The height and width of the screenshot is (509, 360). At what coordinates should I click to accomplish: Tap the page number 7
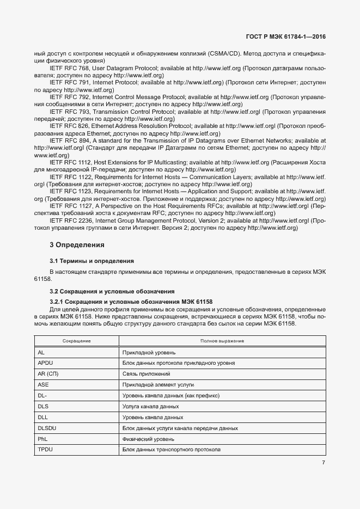click(324, 463)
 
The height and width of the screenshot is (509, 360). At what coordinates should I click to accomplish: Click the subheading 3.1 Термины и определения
click(91, 261)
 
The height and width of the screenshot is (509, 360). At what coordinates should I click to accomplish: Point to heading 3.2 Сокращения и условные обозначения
click(112, 291)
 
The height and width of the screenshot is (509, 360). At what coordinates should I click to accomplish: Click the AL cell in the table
click(41, 352)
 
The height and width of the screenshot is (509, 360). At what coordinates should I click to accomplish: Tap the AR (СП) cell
click(48, 374)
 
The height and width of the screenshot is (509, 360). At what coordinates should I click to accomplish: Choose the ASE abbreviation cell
click(44, 385)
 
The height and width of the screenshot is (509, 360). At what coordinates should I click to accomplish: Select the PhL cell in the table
click(43, 439)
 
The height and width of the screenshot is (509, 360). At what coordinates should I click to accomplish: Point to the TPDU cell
click(45, 450)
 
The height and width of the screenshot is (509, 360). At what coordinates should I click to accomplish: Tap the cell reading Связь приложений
click(147, 374)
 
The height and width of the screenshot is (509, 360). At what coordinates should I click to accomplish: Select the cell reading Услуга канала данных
click(151, 407)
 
